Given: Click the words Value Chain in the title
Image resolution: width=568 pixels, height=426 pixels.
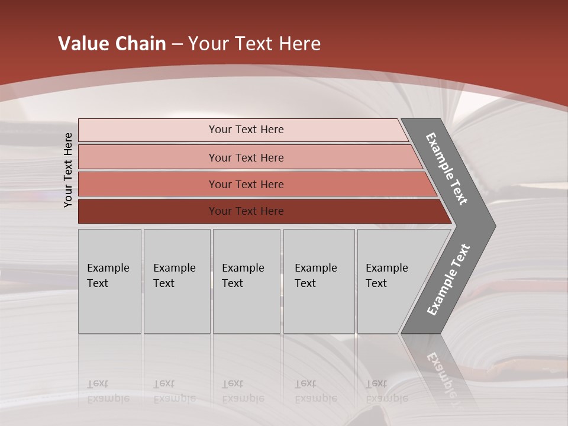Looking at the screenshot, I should [112, 43].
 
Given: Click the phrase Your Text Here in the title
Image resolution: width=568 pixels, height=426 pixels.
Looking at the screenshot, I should [254, 43].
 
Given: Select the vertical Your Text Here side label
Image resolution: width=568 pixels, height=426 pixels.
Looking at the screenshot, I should [68, 170].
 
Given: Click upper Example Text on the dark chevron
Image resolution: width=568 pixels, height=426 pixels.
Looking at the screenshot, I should [447, 169].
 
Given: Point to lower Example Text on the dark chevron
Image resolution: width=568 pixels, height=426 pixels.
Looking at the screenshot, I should [448, 280].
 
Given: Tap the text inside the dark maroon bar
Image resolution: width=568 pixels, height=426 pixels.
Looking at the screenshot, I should [246, 211].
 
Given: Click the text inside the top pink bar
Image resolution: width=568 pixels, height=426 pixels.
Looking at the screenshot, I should [246, 130].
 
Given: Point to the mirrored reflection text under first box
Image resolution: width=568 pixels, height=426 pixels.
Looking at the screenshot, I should [108, 391].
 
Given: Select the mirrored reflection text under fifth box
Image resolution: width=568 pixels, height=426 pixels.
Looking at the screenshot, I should [386, 391].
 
